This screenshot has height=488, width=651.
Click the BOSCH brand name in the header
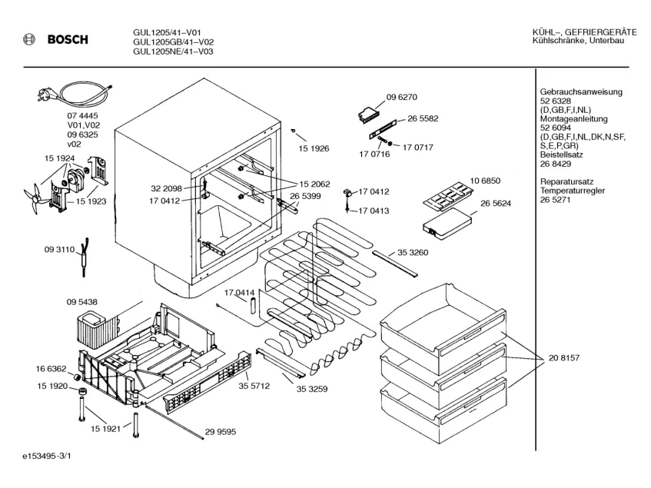(68, 40)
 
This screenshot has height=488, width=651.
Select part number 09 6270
(401, 97)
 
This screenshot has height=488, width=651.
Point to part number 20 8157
(564, 358)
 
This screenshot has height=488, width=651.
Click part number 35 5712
(254, 387)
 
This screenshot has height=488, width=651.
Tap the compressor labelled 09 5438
(98, 330)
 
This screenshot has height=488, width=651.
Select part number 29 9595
(220, 432)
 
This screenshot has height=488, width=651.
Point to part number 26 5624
(496, 204)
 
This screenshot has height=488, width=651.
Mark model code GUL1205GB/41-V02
(174, 42)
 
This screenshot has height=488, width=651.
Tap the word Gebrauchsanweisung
(581, 92)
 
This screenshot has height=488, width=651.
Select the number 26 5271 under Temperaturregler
(556, 200)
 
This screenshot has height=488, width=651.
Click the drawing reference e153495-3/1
(47, 456)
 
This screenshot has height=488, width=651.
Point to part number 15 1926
(314, 148)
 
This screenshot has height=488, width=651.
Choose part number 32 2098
(167, 189)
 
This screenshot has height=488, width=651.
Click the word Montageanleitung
(574, 119)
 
